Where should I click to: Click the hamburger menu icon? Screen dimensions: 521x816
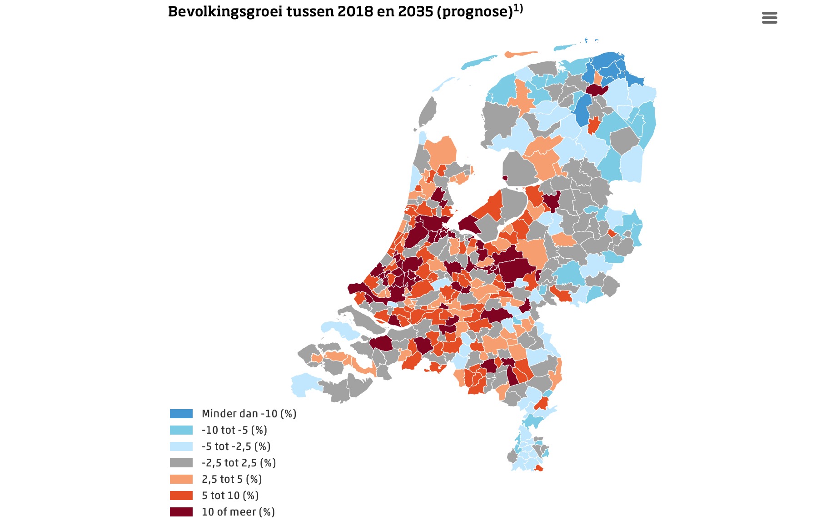[769, 18]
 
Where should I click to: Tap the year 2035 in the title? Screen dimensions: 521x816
[415, 11]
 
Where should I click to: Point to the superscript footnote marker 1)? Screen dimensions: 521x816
[518, 8]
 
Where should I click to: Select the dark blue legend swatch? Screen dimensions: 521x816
[181, 414]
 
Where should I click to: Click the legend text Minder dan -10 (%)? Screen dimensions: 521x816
[249, 414]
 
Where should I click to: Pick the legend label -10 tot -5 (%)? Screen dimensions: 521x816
[234, 430]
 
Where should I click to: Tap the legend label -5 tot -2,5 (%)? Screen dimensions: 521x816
[236, 446]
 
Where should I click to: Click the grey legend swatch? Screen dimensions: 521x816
[181, 463]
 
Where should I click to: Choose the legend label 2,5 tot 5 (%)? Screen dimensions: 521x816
[231, 479]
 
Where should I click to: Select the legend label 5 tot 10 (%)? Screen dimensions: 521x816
[230, 496]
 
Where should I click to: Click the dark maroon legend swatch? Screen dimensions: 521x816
[181, 512]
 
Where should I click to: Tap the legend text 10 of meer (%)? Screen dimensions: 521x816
[238, 512]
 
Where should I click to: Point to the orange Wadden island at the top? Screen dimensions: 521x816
[520, 54]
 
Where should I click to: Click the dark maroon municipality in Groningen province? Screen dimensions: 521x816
[597, 90]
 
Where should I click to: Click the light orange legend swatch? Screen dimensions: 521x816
[181, 479]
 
